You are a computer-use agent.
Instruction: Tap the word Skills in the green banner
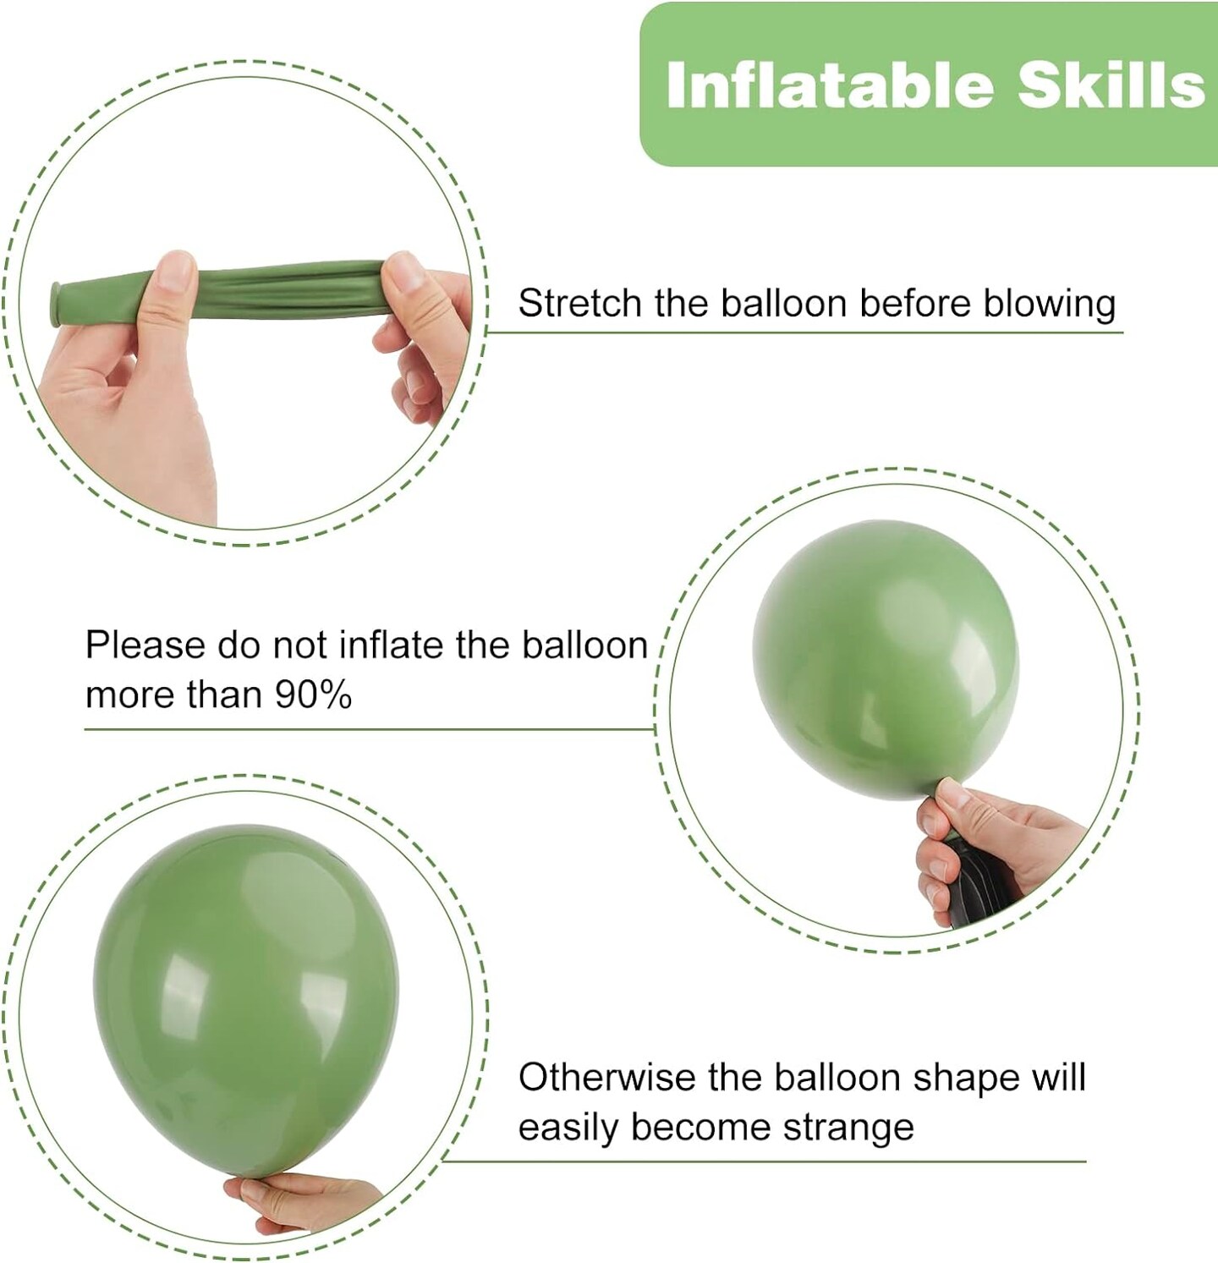click(1111, 85)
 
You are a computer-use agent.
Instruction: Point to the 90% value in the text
click(313, 695)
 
